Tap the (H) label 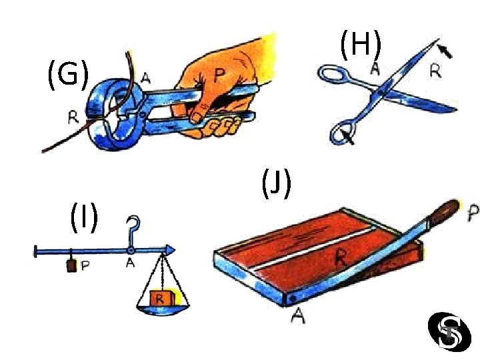point(360,45)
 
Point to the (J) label point(276,184)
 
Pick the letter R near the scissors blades point(434,71)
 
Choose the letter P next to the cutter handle point(472,213)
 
